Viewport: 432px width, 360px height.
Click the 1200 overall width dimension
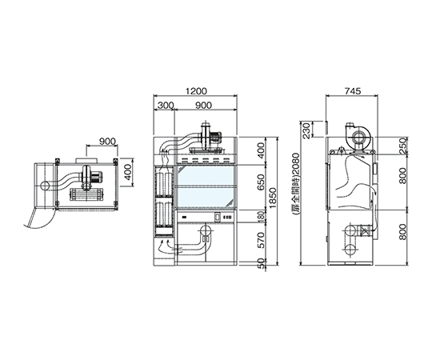point(196,91)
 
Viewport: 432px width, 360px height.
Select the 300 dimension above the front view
point(166,106)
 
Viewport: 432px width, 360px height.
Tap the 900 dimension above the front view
point(203,106)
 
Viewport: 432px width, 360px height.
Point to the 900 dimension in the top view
point(107,142)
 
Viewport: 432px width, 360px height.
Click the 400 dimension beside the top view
point(127,173)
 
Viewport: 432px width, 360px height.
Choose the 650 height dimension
point(261,182)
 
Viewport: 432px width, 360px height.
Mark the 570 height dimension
point(261,240)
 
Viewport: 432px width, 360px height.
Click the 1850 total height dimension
point(273,199)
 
